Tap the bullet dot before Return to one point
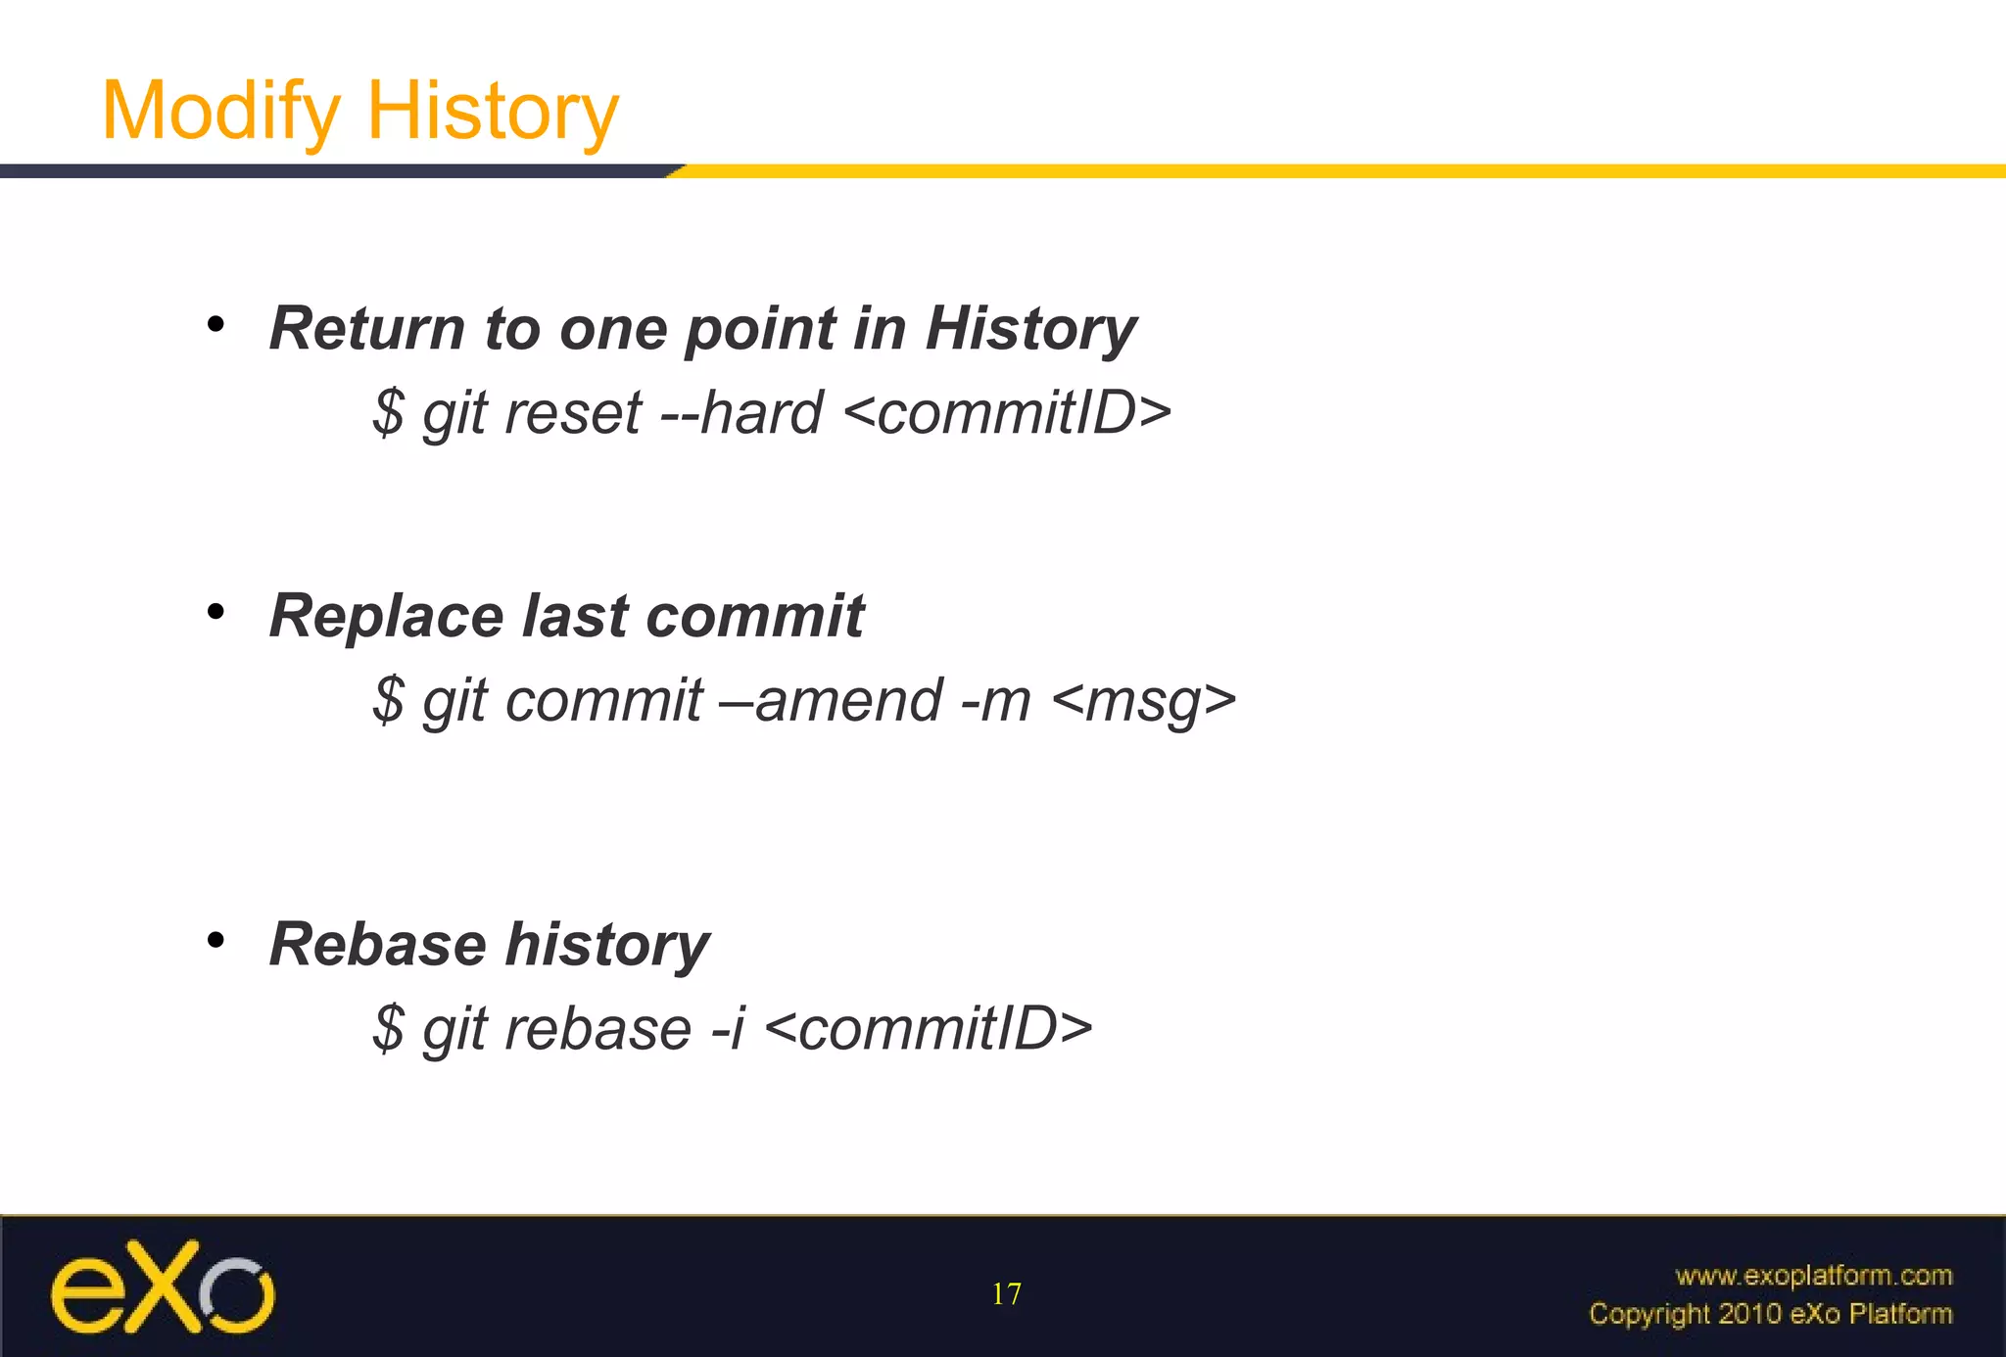[x=216, y=324]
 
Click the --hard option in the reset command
[x=741, y=413]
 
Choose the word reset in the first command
[x=573, y=413]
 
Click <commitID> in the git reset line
[x=1006, y=413]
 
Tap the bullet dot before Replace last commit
[x=216, y=613]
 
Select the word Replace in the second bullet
[x=386, y=617]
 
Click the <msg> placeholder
[x=1143, y=701]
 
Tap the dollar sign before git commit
[x=388, y=701]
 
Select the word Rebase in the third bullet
[x=377, y=945]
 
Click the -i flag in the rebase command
[x=728, y=1030]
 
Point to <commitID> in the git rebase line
[x=927, y=1030]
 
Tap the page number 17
[x=1006, y=1294]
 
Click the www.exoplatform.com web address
[x=1813, y=1275]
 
